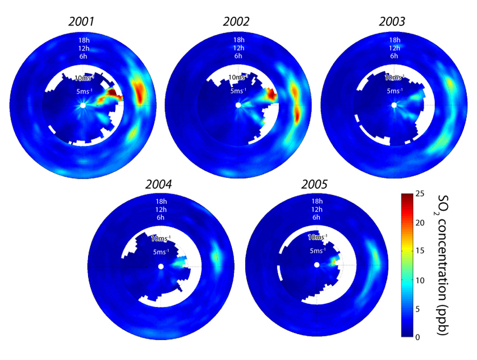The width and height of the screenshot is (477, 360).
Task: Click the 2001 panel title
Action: click(82, 22)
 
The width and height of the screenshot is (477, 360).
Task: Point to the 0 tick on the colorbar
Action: click(420, 337)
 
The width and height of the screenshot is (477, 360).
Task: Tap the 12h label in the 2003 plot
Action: click(394, 48)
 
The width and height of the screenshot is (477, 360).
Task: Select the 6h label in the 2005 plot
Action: click(317, 217)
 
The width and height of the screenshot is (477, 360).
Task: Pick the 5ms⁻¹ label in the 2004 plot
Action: click(162, 252)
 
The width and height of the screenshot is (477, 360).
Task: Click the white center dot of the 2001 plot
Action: click(82, 105)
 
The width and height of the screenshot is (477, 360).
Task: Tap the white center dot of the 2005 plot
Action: click(317, 265)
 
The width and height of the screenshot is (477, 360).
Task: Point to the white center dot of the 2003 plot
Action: click(394, 105)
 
